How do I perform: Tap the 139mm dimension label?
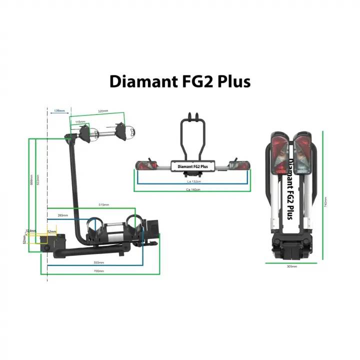click(x=59, y=110)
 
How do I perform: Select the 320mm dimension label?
click(x=103, y=111)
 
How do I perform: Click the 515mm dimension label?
click(x=104, y=205)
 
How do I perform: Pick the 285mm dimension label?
click(x=63, y=215)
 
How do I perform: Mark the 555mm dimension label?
click(x=99, y=262)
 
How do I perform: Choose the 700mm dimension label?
click(x=99, y=271)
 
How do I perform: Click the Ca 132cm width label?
click(x=193, y=181)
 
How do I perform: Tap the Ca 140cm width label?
click(x=193, y=190)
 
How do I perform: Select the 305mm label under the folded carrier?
click(x=291, y=266)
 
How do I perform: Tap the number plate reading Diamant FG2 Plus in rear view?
click(x=192, y=166)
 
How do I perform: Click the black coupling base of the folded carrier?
click(x=291, y=247)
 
